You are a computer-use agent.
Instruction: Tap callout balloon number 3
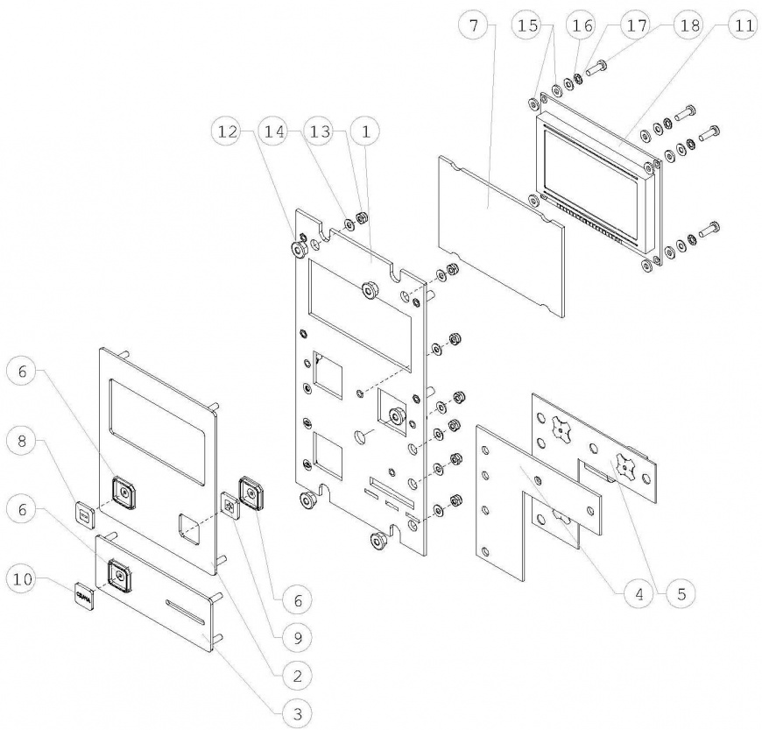[298, 712]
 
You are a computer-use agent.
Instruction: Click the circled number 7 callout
[475, 25]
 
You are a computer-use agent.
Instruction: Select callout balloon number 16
[582, 25]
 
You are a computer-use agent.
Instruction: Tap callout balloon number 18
[688, 25]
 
